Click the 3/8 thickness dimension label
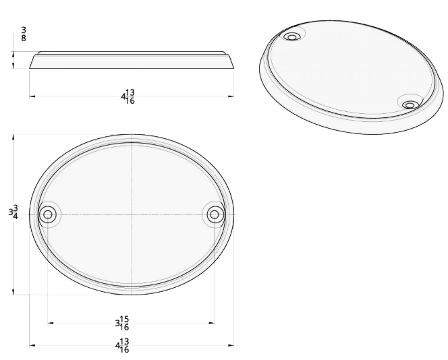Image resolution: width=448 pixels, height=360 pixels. [24, 33]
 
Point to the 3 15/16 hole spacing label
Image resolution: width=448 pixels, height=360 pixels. [122, 323]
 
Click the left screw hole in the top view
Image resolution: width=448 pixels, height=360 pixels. [47, 215]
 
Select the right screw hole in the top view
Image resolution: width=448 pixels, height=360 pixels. [214, 215]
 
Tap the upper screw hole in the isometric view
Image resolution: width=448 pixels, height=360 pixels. [293, 36]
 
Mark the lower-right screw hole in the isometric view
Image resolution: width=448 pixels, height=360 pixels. [410, 104]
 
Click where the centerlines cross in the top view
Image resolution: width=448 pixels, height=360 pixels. [132, 215]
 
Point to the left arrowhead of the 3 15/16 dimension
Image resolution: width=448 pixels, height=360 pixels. [51, 323]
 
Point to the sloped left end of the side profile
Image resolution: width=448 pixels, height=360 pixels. [34, 61]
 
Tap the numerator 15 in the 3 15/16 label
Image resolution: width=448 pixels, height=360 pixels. [124, 318]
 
